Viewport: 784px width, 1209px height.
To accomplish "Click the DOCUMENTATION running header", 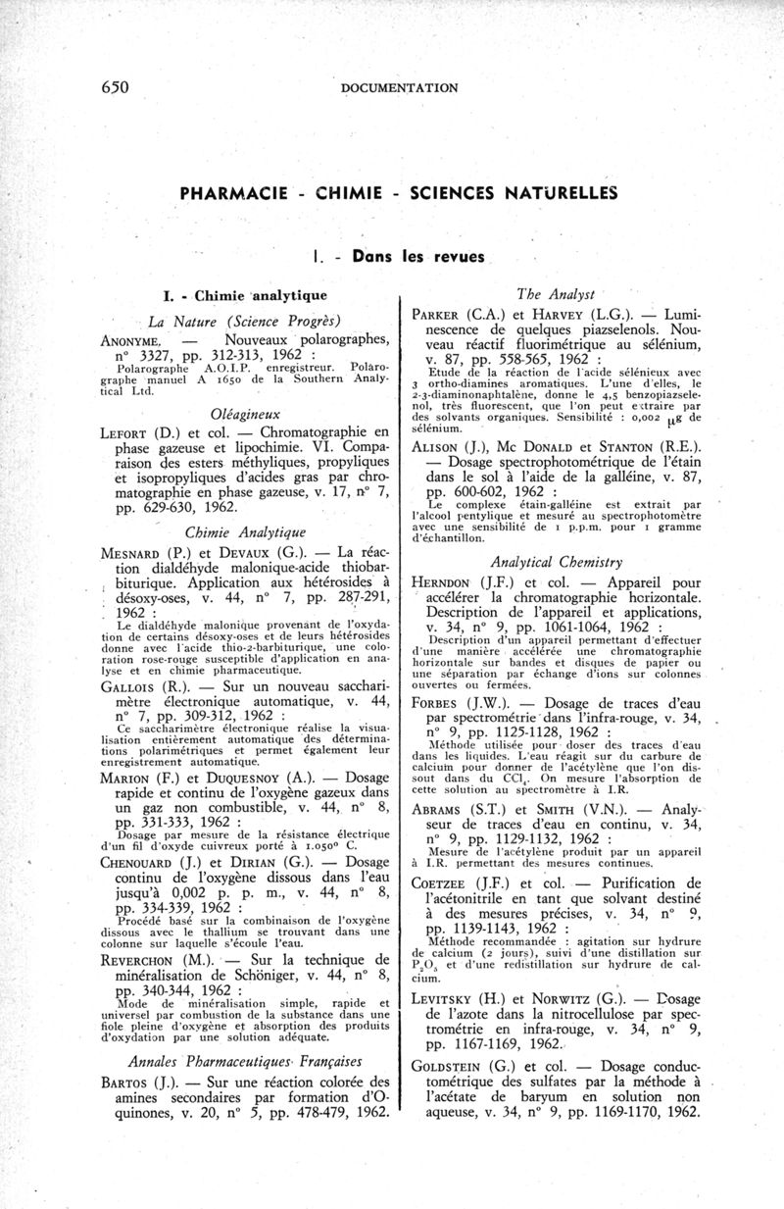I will coord(399,88).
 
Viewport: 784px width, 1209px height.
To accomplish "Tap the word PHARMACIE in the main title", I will coord(232,192).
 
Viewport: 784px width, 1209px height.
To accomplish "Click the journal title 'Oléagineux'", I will coord(239,414).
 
